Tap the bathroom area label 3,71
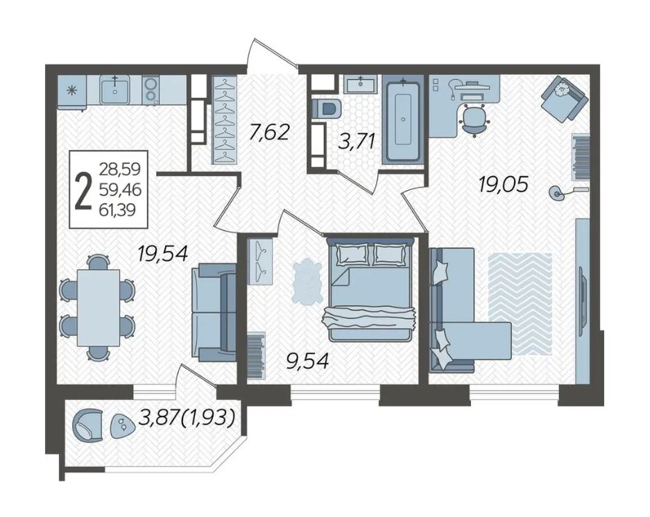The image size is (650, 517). point(357,142)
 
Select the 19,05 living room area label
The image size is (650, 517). point(503,184)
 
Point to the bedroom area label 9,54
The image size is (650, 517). point(307,361)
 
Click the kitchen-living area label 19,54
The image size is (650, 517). point(163,253)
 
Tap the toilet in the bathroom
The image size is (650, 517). point(327,109)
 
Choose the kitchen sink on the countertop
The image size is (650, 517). point(115,90)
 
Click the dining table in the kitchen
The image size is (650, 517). point(99,307)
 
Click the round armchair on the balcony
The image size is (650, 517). point(87,424)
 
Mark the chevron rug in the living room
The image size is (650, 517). point(520,304)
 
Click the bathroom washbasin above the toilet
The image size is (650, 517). point(360,84)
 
